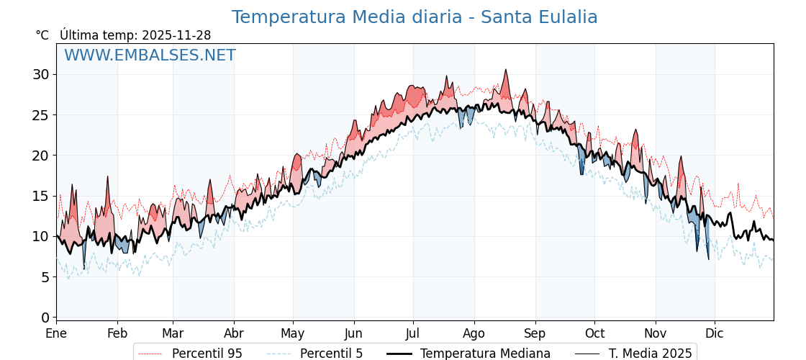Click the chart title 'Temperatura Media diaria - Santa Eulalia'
click(415, 17)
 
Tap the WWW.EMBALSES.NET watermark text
click(150, 55)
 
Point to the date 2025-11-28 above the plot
click(176, 35)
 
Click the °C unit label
click(42, 35)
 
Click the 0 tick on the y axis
click(45, 318)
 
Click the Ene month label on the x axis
click(56, 334)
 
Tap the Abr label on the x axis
click(234, 334)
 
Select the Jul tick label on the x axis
click(413, 334)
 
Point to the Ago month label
click(474, 334)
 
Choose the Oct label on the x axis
click(594, 334)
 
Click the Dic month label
click(715, 334)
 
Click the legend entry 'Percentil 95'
click(207, 354)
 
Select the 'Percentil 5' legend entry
click(331, 354)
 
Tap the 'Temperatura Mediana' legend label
click(485, 354)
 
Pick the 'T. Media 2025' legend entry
click(650, 354)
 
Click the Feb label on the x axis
click(117, 334)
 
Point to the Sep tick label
click(535, 334)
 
